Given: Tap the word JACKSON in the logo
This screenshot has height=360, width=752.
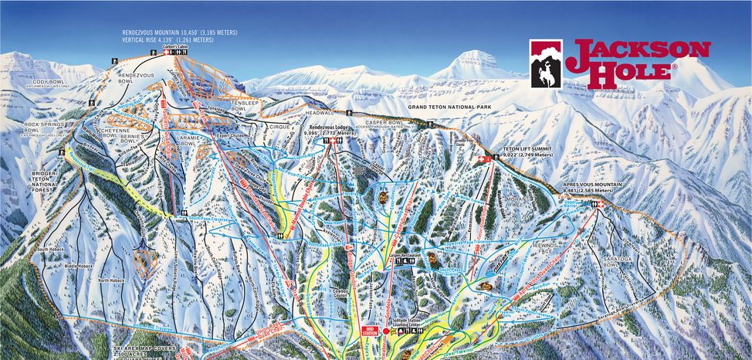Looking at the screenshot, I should (638, 52).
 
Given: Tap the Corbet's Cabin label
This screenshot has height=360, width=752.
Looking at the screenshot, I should (176, 47).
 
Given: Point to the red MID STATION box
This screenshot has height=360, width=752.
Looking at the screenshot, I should (370, 331).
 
